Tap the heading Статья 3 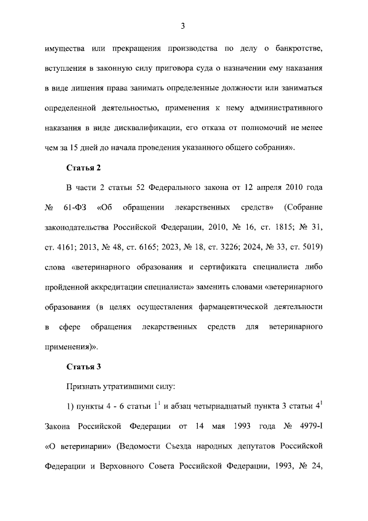click(x=83, y=366)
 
